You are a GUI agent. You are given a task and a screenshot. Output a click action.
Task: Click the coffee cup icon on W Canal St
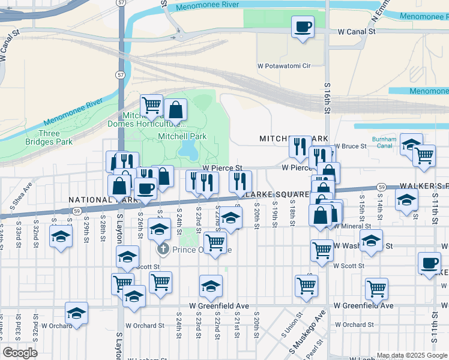pyautogui.click(x=303, y=27)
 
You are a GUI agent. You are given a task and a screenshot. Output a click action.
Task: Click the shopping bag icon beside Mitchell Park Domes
pyautogui.click(x=175, y=110)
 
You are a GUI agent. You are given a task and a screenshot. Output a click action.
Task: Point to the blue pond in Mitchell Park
pyautogui.click(x=188, y=148)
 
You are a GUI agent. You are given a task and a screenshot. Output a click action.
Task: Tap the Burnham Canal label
pyautogui.click(x=384, y=142)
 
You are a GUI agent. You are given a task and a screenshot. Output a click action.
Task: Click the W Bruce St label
pyautogui.click(x=351, y=146)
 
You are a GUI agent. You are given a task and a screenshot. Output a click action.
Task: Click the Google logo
pyautogui.click(x=20, y=352)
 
